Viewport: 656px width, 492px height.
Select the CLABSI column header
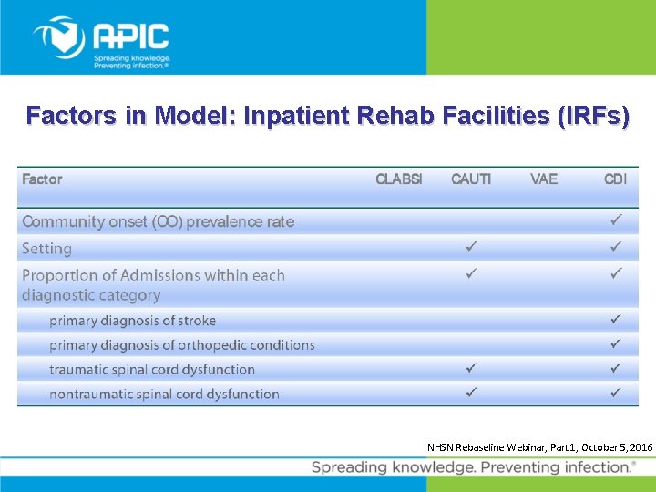coord(399,179)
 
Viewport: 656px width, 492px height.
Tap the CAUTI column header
coord(471,179)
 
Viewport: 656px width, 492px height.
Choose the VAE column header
coord(544,179)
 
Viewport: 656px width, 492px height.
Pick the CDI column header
coord(616,179)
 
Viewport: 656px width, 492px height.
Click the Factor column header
coord(42,179)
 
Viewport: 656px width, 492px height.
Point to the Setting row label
coord(46,249)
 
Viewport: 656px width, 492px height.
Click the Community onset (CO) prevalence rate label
coord(158,221)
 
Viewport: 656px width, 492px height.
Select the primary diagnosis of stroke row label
coord(132,321)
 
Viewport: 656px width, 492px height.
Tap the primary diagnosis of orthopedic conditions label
coord(181,345)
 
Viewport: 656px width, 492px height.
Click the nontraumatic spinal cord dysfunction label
coord(164,395)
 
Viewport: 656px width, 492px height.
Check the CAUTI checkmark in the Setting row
coord(471,247)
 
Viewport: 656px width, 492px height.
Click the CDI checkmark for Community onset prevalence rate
coord(616,220)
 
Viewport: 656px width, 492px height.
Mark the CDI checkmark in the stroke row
coord(616,320)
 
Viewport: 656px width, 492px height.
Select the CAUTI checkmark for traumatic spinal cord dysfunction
coord(471,368)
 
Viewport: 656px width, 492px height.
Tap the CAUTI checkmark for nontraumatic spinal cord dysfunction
coord(471,393)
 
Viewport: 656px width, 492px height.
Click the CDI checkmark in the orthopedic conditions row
coord(616,344)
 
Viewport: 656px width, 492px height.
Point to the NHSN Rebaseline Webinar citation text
coord(539,447)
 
